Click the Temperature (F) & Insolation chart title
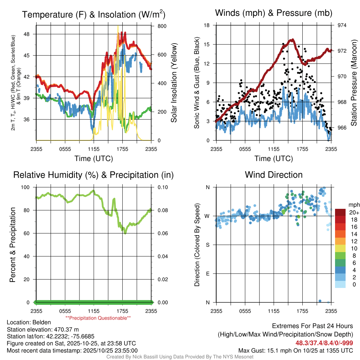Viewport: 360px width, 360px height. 94,15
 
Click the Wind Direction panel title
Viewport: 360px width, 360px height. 274,175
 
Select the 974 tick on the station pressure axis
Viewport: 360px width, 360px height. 342,25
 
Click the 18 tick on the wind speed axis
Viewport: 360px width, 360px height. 207,25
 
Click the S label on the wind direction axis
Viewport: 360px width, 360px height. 208,245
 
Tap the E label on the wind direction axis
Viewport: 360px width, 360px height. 208,274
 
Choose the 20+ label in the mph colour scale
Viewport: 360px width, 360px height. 353,213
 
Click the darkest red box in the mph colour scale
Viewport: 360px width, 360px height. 340,212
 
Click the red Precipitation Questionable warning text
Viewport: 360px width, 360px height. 98,318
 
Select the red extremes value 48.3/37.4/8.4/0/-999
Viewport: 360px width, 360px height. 324,343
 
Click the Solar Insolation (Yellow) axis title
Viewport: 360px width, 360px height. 174,83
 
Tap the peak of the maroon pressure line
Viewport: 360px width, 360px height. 291,40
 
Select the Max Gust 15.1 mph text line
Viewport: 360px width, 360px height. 296,350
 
